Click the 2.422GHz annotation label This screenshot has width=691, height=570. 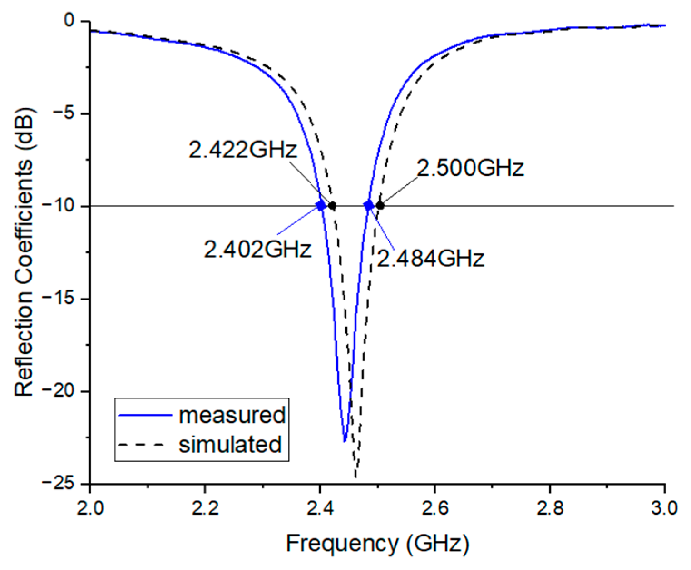(x=242, y=149)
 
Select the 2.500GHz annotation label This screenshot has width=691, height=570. (x=470, y=168)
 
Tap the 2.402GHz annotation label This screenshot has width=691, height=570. (x=257, y=249)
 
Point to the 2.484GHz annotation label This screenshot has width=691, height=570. (x=431, y=258)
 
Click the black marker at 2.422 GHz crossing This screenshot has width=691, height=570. (x=332, y=206)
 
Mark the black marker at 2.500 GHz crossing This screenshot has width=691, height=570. (x=380, y=206)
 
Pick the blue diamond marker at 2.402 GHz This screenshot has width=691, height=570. (x=321, y=206)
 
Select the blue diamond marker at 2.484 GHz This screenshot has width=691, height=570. (x=369, y=206)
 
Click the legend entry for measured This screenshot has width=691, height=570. (x=202, y=415)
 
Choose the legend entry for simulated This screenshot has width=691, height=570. (x=200, y=444)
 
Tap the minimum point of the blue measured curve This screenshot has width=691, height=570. (x=345, y=441)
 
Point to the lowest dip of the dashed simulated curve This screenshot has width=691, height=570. (x=355, y=477)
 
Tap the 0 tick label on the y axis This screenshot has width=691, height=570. (x=69, y=20)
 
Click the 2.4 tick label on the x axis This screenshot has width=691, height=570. (x=320, y=508)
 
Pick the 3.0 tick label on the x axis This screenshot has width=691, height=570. (x=664, y=508)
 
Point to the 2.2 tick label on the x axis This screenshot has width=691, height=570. (x=205, y=508)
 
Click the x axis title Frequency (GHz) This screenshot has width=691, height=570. (x=377, y=543)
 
